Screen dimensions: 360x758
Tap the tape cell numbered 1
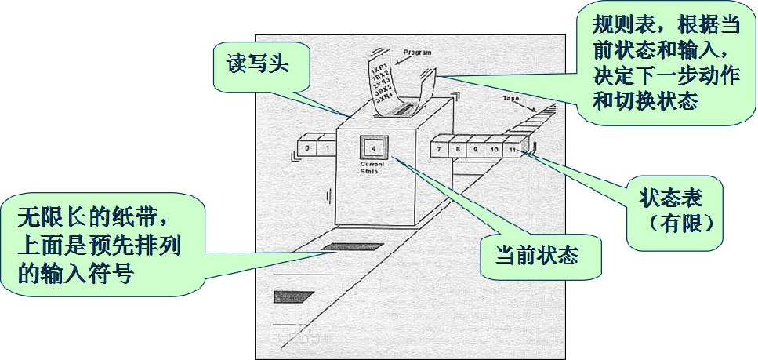[327, 147]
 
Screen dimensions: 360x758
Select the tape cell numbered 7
[440, 148]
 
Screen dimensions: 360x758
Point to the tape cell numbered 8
[457, 148]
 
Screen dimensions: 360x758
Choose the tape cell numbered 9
[475, 148]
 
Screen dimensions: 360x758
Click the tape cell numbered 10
[494, 148]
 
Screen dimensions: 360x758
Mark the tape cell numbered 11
[513, 148]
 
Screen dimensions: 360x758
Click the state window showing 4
[373, 147]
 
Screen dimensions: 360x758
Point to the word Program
[417, 53]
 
